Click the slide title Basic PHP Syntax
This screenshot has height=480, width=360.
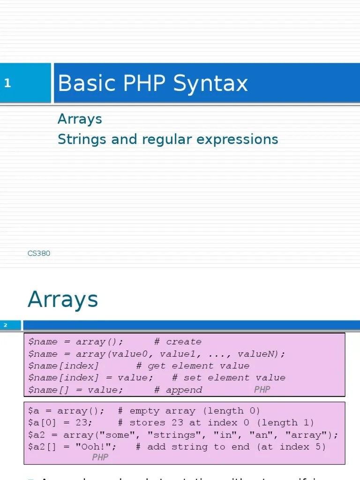click(152, 84)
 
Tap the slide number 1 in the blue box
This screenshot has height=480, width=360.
click(7, 83)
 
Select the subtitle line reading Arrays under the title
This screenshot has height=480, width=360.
click(80, 119)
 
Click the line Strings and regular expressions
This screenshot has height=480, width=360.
click(168, 139)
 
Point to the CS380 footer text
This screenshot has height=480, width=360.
click(39, 254)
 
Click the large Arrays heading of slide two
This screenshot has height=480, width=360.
click(63, 300)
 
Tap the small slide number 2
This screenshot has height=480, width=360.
click(6, 325)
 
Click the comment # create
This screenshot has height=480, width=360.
click(178, 342)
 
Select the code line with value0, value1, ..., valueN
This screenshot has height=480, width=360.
click(157, 354)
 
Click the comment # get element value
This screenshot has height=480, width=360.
click(193, 366)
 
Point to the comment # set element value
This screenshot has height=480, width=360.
click(229, 378)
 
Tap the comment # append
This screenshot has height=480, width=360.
click(178, 390)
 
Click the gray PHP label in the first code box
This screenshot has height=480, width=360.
click(262, 390)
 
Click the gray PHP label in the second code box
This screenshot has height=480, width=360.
click(100, 457)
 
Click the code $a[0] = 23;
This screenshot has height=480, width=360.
click(60, 423)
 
